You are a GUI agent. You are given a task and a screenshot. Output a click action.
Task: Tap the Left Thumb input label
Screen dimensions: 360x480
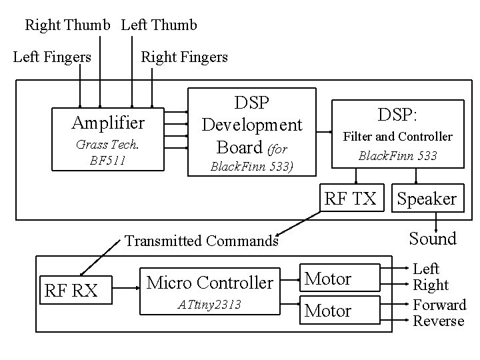(159, 25)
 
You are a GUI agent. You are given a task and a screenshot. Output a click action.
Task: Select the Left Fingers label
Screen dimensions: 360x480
(52, 57)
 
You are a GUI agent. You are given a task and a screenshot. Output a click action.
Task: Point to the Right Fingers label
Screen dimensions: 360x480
(184, 57)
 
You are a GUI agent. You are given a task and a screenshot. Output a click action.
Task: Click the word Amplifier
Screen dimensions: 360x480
(108, 123)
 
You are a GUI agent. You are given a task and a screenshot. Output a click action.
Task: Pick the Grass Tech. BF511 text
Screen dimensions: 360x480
(107, 152)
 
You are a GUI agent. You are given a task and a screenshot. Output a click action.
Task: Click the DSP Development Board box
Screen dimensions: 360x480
(252, 132)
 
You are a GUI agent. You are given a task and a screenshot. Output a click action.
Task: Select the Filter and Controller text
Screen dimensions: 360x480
(397, 137)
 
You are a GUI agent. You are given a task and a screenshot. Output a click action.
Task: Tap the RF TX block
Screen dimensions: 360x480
(350, 198)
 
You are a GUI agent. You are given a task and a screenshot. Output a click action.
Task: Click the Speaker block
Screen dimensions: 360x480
(427, 199)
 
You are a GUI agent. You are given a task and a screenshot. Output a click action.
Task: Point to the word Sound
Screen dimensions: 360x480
(433, 238)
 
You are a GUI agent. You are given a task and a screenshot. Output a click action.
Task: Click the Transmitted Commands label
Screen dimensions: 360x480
(201, 241)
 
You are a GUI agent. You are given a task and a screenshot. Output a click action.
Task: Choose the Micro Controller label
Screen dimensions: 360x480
(209, 283)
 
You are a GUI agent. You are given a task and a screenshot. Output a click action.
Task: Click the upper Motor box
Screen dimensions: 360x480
(337, 278)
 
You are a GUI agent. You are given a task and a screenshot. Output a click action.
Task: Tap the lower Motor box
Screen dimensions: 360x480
(337, 311)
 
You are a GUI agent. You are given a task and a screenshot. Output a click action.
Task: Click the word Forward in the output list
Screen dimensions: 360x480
(439, 305)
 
